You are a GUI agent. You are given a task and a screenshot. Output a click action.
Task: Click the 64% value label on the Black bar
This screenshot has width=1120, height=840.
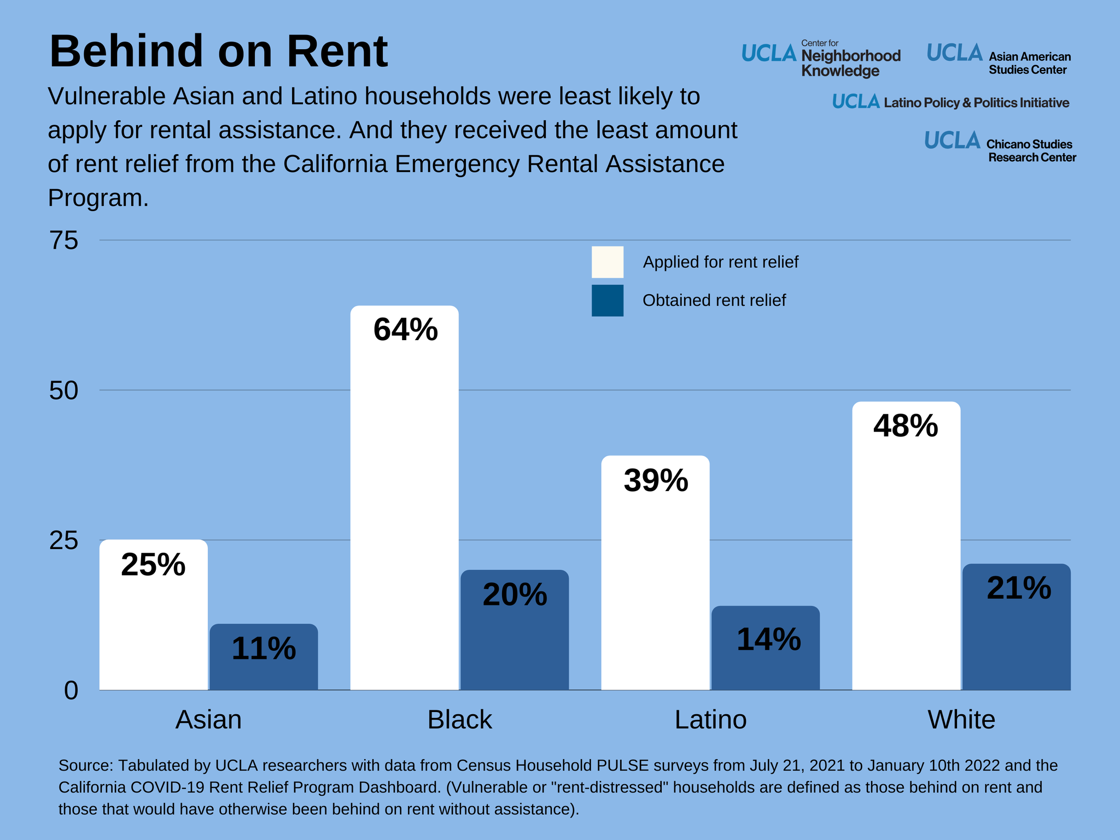[x=405, y=330]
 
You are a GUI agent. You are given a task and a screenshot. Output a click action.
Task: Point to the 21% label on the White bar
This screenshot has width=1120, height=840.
[x=1018, y=588]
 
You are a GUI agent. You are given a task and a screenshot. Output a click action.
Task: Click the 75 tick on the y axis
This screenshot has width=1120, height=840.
[x=64, y=241]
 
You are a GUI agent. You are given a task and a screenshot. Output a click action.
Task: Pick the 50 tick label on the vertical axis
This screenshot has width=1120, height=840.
[x=64, y=391]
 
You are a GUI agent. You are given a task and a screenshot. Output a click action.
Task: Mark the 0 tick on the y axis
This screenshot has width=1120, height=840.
[x=71, y=691]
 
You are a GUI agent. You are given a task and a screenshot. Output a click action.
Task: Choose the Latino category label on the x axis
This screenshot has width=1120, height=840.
[x=710, y=720]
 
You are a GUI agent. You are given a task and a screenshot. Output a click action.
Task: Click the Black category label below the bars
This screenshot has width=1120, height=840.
[x=459, y=720]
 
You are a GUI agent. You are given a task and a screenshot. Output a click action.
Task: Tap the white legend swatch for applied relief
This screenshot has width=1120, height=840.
[x=607, y=262]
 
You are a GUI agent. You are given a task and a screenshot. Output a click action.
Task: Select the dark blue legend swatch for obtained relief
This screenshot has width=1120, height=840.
[x=607, y=300]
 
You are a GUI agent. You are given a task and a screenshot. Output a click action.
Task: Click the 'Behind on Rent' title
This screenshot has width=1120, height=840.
[x=219, y=51]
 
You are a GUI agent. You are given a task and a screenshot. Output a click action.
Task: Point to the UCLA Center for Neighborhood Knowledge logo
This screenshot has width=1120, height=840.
[x=821, y=59]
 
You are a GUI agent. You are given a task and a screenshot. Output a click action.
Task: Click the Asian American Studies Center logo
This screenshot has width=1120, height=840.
[x=999, y=59]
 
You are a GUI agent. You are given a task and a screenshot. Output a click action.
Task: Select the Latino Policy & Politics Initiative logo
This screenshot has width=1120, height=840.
[x=950, y=102]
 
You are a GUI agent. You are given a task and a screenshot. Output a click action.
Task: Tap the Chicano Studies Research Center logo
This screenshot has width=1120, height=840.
[x=1000, y=146]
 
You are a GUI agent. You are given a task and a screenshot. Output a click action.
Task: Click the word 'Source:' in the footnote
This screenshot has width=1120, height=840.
[x=85, y=766]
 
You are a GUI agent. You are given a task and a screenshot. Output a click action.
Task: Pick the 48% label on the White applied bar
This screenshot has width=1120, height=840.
[x=906, y=426]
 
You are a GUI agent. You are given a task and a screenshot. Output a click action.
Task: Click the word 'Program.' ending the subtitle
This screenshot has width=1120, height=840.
[x=98, y=198]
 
